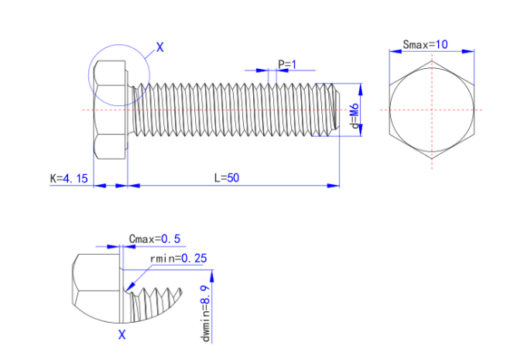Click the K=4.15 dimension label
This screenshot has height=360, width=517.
pyautogui.click(x=69, y=179)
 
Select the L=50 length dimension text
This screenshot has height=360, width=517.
pyautogui.click(x=227, y=178)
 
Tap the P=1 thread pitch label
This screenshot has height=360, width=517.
pyautogui.click(x=287, y=64)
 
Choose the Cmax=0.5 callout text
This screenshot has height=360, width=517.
pyautogui.click(x=154, y=238)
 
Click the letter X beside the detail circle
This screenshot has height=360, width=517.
pyautogui.click(x=160, y=47)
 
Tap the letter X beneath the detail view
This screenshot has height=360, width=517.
pyautogui.click(x=122, y=334)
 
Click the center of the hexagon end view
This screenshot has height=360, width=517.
pyautogui.click(x=431, y=109)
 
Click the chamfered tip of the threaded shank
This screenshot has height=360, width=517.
pyautogui.click(x=334, y=109)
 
